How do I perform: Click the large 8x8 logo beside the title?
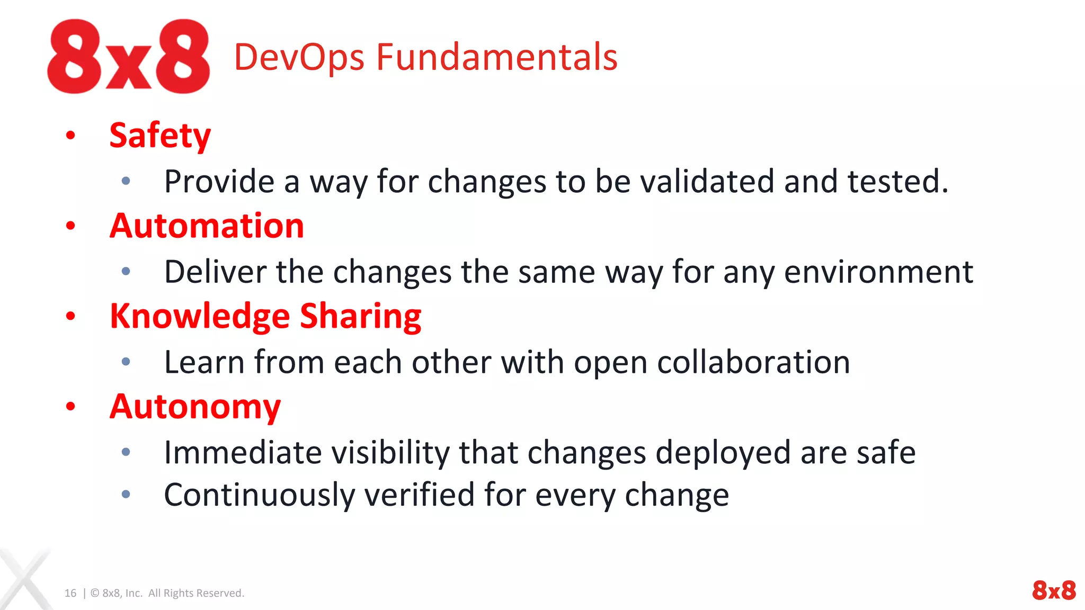[129, 57]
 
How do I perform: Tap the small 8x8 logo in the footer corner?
[1054, 590]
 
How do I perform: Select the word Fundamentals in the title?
[496, 57]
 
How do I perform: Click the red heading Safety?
[160, 136]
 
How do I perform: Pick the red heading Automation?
[207, 226]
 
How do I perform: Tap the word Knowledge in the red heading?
[200, 317]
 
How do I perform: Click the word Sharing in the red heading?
[360, 317]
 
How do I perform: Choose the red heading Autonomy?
[195, 407]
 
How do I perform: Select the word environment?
[878, 272]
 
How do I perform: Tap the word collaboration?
[753, 363]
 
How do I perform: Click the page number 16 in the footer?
[70, 593]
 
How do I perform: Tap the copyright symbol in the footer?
[95, 593]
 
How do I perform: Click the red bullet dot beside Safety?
[70, 136]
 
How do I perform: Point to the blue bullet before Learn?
[126, 362]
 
